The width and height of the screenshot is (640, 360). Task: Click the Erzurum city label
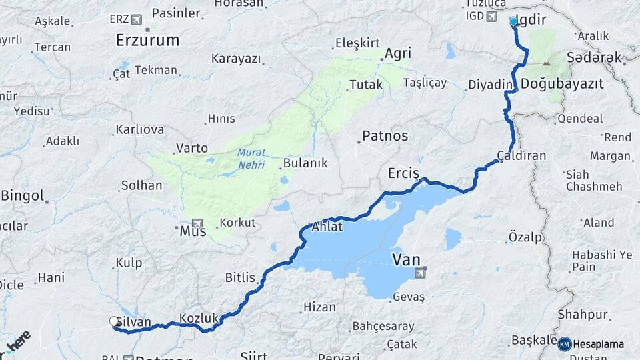[x=147, y=40]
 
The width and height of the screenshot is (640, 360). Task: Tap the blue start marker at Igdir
[x=513, y=22]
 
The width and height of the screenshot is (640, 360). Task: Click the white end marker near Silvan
[x=113, y=322]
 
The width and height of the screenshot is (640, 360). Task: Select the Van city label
[x=406, y=259]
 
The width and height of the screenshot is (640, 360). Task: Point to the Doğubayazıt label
[x=562, y=84]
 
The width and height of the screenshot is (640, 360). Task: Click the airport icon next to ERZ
[x=137, y=19]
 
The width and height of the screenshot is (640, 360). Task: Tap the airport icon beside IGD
[x=491, y=16]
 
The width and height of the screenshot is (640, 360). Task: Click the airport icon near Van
[x=421, y=272]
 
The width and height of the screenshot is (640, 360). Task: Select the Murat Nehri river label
[x=251, y=158]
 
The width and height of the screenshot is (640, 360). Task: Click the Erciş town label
[x=403, y=173]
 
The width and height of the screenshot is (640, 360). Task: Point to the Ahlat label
[x=327, y=227]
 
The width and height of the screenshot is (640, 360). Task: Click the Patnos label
[x=385, y=136]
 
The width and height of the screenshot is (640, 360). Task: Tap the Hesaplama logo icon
[x=564, y=344]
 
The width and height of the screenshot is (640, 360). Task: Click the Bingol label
[x=23, y=196]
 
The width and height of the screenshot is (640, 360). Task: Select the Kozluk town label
[x=199, y=319]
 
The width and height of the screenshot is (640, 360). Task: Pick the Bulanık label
[x=305, y=163]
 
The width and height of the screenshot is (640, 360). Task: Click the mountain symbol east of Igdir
[x=547, y=65]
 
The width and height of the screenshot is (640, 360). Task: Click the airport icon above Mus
[x=197, y=223]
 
